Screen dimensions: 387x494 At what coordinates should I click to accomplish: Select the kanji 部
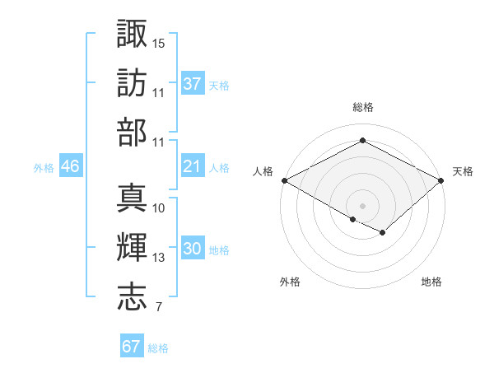pyautogui.click(x=133, y=133)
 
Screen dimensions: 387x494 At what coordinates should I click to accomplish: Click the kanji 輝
pyautogui.click(x=133, y=247)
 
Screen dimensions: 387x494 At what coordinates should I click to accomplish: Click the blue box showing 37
pyautogui.click(x=192, y=83)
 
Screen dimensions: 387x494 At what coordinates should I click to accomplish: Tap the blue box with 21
pyautogui.click(x=192, y=166)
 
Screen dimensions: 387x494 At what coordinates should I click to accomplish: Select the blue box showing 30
pyautogui.click(x=192, y=249)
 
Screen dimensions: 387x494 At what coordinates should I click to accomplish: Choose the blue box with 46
pyautogui.click(x=70, y=166)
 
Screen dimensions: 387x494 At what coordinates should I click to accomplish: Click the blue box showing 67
pyautogui.click(x=131, y=347)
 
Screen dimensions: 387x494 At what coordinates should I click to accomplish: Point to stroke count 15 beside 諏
pyautogui.click(x=159, y=42)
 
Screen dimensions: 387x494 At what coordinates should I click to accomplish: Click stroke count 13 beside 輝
pyautogui.click(x=159, y=258)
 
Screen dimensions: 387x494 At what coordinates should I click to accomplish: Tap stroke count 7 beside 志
pyautogui.click(x=158, y=308)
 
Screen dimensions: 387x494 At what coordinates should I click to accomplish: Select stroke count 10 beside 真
pyautogui.click(x=159, y=207)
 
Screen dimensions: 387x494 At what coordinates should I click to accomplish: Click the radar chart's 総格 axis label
pyautogui.click(x=362, y=107)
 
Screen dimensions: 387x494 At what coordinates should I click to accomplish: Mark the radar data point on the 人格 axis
pyautogui.click(x=283, y=180)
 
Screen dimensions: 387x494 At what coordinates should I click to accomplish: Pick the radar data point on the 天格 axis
pyautogui.click(x=442, y=180)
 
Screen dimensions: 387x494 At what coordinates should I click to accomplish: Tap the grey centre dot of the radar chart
pyautogui.click(x=362, y=204)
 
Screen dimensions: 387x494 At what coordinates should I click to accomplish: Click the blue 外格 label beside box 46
pyautogui.click(x=44, y=167)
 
